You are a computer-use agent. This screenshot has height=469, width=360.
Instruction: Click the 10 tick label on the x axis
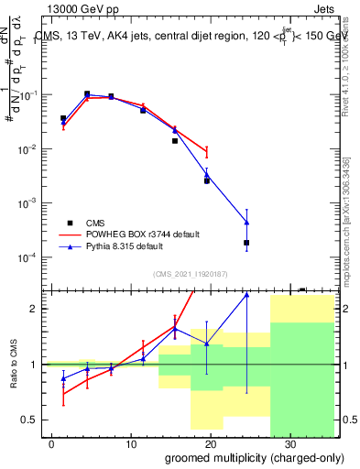tap(130, 442)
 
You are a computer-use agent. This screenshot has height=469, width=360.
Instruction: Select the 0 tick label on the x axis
tap(51, 442)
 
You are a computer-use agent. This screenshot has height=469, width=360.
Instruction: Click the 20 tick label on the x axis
tap(209, 442)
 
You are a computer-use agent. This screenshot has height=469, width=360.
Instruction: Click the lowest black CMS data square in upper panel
tap(246, 243)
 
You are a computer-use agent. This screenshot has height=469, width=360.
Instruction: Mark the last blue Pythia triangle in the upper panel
tap(246, 222)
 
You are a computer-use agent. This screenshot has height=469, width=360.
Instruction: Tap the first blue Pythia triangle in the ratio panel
tap(63, 377)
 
